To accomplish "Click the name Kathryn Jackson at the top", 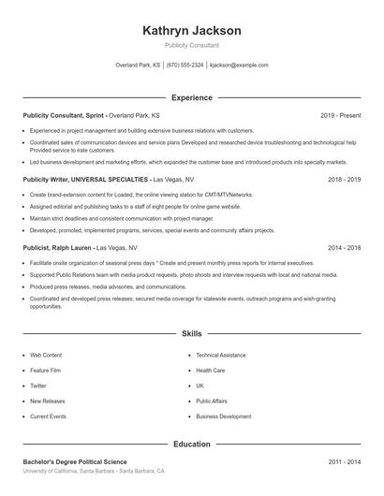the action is point(192,31).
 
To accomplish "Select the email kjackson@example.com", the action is point(239,66).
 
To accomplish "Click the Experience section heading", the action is point(192,97).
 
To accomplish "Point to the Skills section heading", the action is point(192,333).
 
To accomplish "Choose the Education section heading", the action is point(192,444).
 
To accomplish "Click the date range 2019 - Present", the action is point(340,115).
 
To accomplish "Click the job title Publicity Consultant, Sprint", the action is point(64,115).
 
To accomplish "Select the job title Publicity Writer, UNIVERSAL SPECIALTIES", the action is point(85,178).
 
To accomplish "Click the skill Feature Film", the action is point(47,371).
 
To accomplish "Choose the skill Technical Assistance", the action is point(221,356).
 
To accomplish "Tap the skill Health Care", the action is point(211,371).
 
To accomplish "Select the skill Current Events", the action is point(48,416).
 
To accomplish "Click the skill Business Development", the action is point(224,416).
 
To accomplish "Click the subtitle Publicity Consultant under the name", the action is point(192,45).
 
